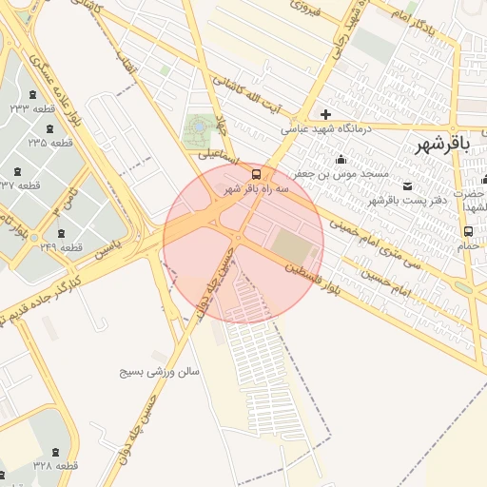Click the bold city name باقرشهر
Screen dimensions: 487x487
pyautogui.click(x=443, y=144)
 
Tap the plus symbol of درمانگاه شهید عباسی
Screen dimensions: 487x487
pyautogui.click(x=326, y=115)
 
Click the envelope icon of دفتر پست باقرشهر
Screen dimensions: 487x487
pyautogui.click(x=408, y=185)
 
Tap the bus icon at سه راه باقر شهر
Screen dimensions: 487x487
pyautogui.click(x=257, y=173)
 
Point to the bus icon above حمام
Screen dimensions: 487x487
pyautogui.click(x=468, y=230)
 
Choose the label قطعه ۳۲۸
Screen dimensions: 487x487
pyautogui.click(x=55, y=466)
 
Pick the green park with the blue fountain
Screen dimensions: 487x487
pyautogui.click(x=200, y=126)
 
